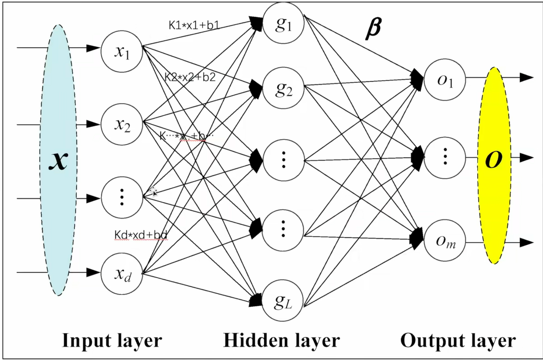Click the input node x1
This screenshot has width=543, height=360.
pos(122,51)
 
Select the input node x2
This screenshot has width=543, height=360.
pos(122,124)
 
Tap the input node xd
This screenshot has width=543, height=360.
pos(122,274)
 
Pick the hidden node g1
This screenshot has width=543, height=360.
pos(283,23)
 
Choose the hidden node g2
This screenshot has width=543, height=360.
pos(283,88)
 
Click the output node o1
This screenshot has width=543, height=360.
pos(445,80)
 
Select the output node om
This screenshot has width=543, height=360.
pos(445,240)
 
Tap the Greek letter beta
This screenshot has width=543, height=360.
pos(374,28)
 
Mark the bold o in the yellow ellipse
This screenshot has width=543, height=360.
pos(494,160)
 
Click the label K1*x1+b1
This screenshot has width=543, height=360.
pos(194,25)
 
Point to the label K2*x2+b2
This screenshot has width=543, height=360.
pos(190,77)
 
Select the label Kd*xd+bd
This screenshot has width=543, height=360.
pos(141,235)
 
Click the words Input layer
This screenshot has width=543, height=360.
pos(112,340)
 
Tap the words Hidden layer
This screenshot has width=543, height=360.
pos(282,340)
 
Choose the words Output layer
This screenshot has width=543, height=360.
pos(458,340)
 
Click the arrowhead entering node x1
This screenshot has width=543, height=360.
pos(93,48)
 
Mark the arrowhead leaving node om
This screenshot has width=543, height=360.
pos(526,243)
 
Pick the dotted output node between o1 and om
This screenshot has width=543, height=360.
pos(445,158)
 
